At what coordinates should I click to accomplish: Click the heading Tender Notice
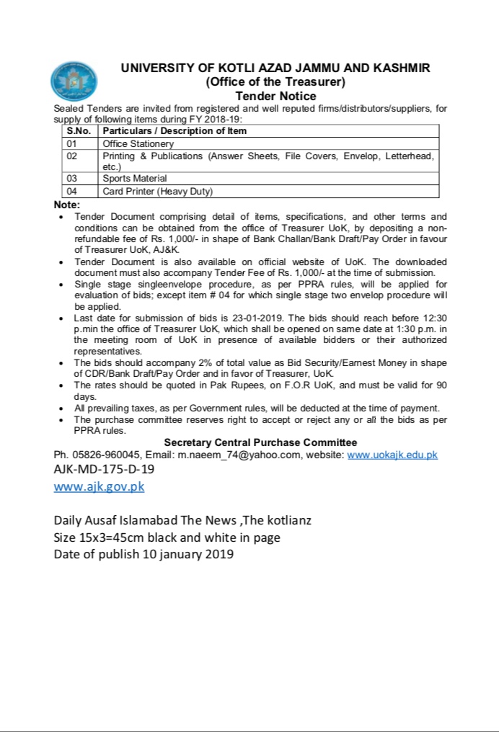(x=275, y=96)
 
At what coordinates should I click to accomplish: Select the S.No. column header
(x=80, y=131)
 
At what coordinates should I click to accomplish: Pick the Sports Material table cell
(x=135, y=178)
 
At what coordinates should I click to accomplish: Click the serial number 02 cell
(x=72, y=156)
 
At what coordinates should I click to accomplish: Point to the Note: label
(x=68, y=205)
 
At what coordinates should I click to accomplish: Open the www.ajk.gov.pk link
(x=99, y=486)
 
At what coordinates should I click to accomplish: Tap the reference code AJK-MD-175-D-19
(x=103, y=469)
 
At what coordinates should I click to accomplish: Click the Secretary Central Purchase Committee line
(x=260, y=442)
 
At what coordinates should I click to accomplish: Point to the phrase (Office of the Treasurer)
(x=275, y=82)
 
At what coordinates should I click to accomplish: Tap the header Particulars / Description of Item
(x=175, y=131)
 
